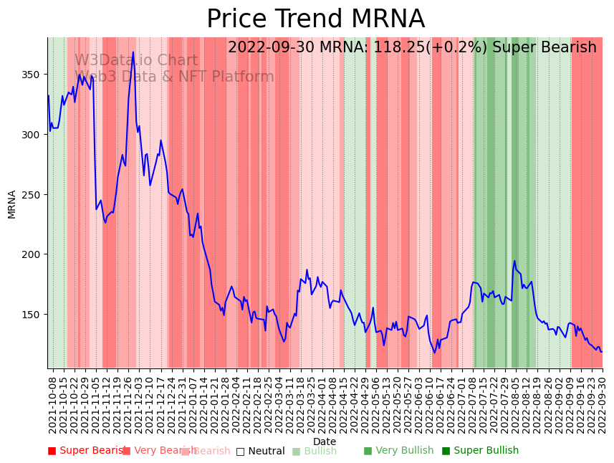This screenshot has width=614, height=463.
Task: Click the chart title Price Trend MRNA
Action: pos(315,19)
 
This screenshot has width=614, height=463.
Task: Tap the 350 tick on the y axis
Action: pos(32,75)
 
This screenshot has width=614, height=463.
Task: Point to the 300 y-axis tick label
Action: pos(32,135)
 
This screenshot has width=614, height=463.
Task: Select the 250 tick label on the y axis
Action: pos(32,194)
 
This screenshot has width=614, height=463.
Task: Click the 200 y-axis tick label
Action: pos(32,254)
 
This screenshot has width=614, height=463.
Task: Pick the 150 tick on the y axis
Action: pos(32,314)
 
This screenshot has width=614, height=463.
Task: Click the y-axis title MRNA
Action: pos(11,204)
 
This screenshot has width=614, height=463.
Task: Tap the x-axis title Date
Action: pos(325,441)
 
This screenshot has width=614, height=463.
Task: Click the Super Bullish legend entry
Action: pos(480,451)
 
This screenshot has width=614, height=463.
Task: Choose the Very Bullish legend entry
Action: pos(398,451)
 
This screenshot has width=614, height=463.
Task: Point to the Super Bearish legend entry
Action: pos(87,451)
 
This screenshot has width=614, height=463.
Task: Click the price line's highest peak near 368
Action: pos(133,52)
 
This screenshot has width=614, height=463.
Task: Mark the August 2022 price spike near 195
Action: pos(514,261)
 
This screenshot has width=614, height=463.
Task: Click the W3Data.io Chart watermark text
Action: pos(136,61)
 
